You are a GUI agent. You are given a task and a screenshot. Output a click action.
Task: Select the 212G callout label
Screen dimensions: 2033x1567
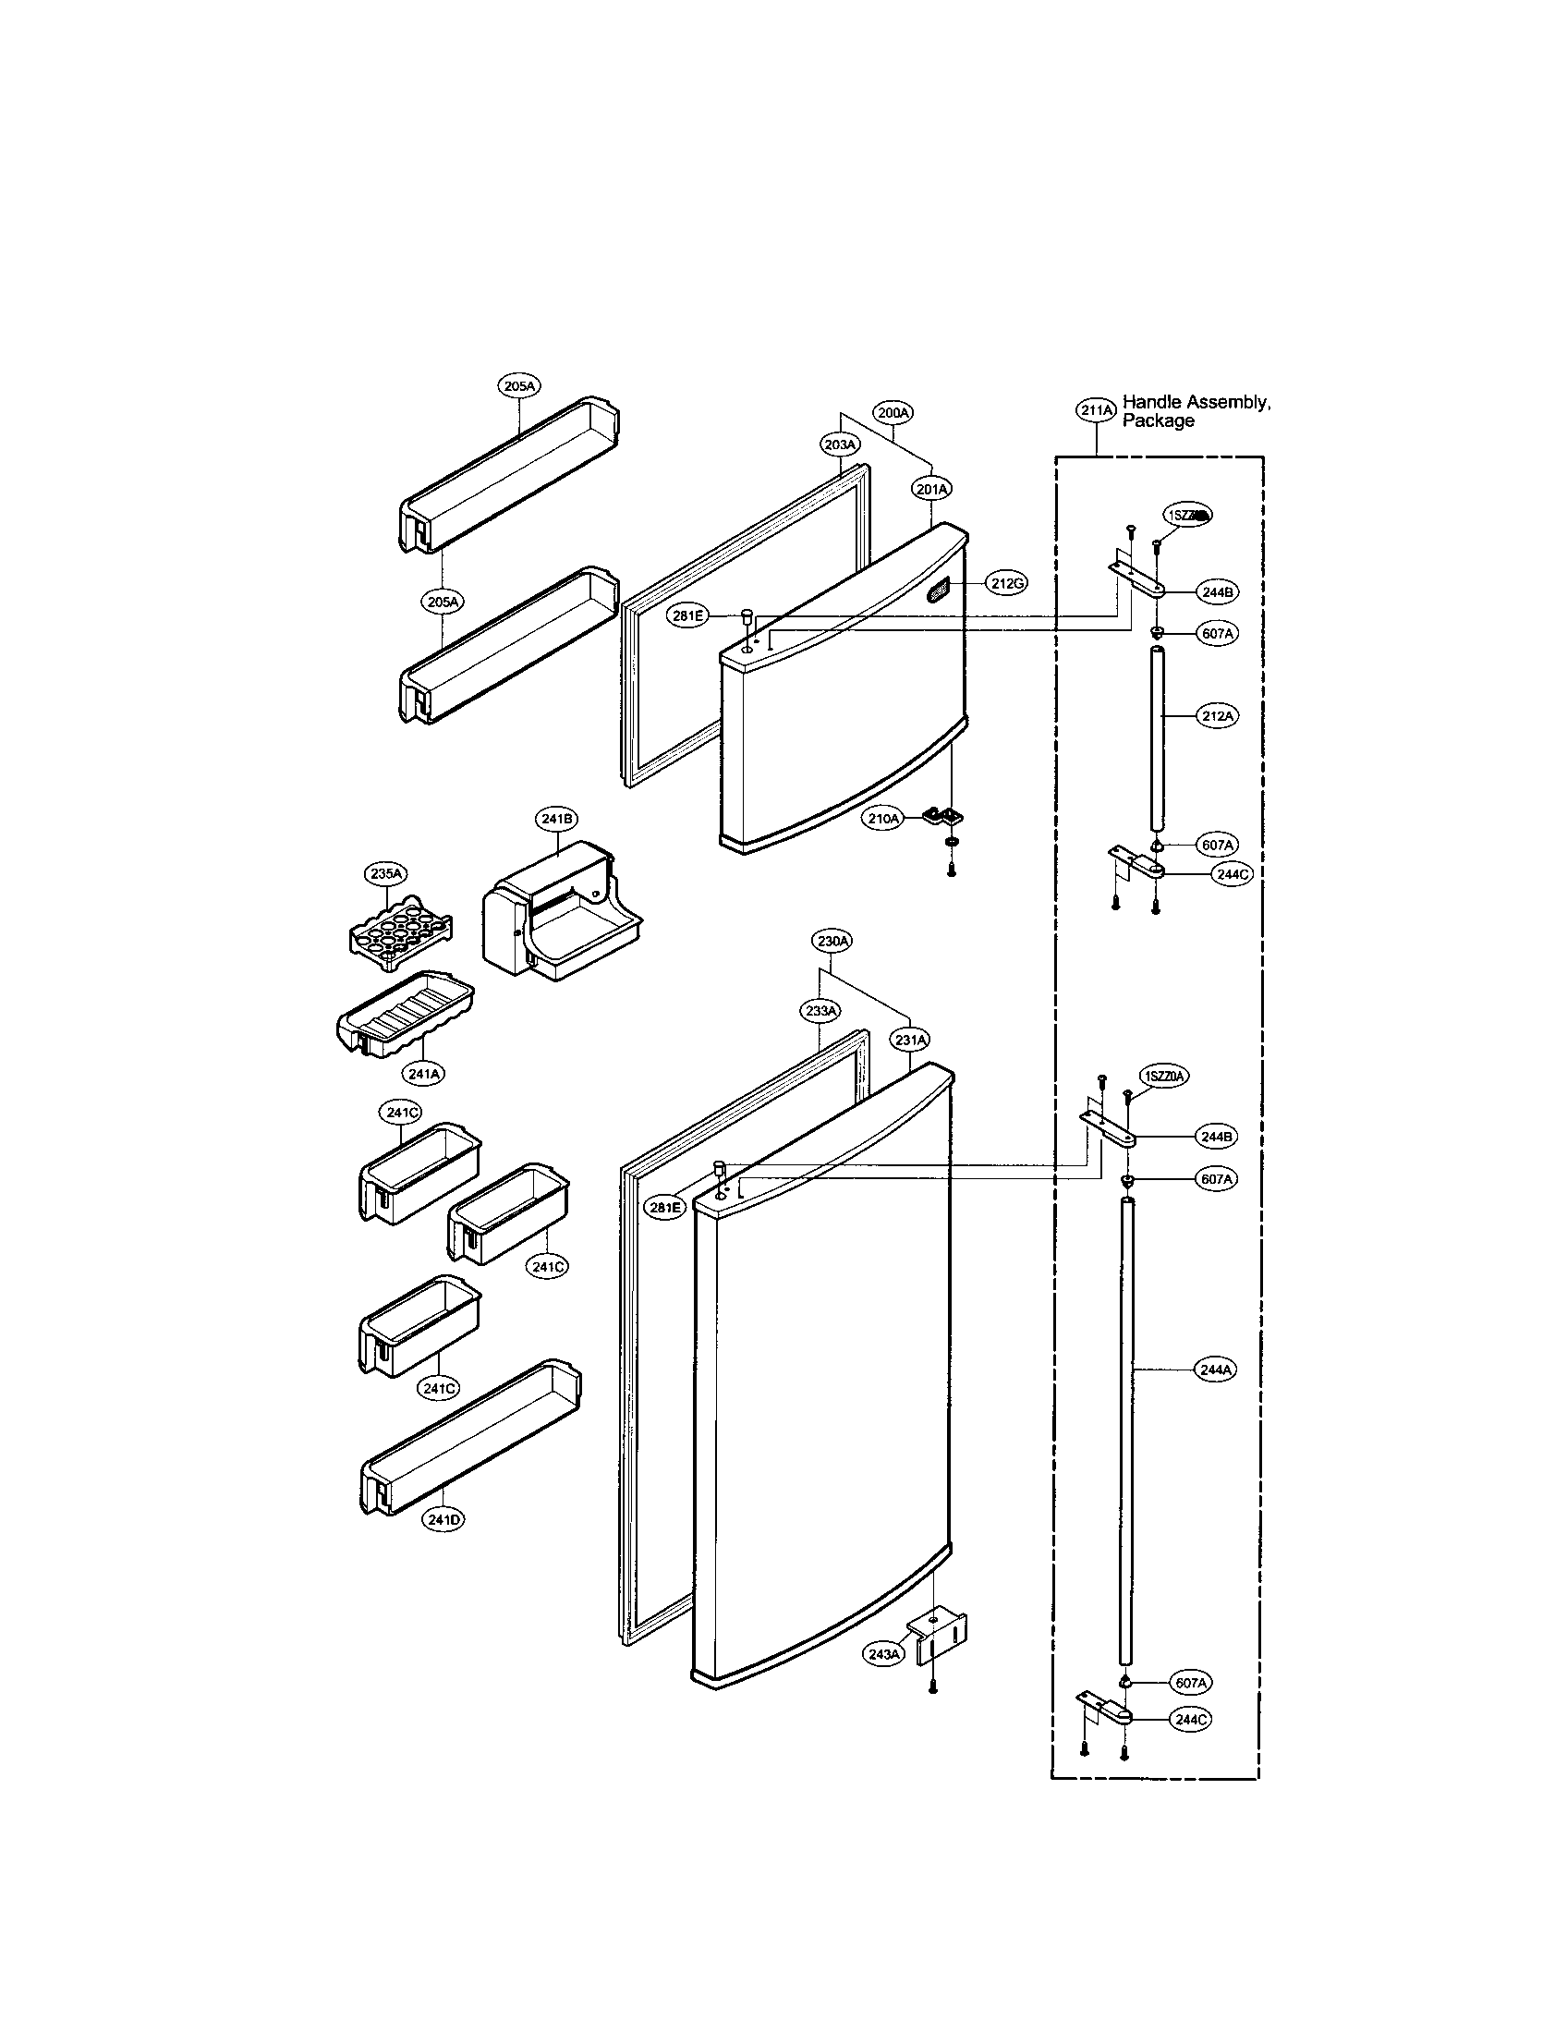[x=1006, y=584]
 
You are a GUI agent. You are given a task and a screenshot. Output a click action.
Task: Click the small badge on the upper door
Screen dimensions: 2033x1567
[x=939, y=590]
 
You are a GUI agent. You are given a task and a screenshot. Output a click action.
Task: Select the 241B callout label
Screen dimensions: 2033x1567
[x=555, y=818]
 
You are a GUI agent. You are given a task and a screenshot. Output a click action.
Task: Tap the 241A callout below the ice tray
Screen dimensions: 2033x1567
[x=423, y=1073]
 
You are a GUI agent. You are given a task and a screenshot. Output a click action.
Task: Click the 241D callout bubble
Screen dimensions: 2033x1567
[x=443, y=1519]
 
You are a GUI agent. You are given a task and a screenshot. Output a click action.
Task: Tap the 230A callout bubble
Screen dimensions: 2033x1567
[x=832, y=941]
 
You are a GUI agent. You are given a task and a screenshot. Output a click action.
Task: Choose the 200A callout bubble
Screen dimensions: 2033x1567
[x=893, y=410]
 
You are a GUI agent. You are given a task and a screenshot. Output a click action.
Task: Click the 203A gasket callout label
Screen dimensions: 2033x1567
[x=840, y=445]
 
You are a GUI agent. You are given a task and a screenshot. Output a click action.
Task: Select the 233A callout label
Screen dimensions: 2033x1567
[x=820, y=1010]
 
